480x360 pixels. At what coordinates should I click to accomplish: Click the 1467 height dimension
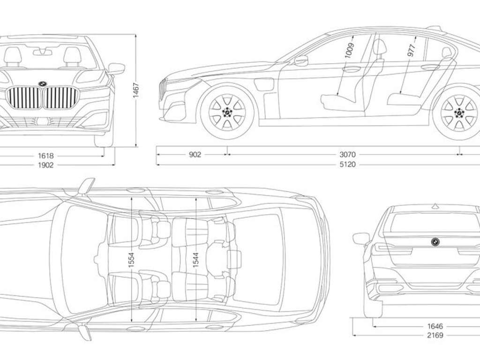(x=136, y=90)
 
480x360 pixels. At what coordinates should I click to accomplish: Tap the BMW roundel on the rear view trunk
(x=435, y=241)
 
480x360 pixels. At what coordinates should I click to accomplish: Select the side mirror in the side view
(x=301, y=60)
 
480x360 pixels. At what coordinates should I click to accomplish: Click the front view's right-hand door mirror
(x=116, y=68)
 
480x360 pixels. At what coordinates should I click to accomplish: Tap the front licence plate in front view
(x=44, y=121)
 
